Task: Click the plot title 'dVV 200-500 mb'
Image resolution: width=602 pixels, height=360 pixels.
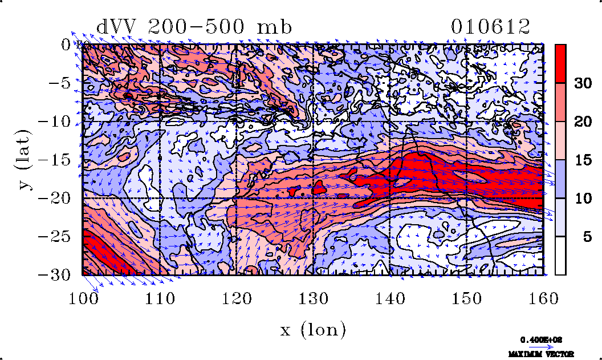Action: (x=194, y=27)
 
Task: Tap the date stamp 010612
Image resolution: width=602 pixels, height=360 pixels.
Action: (x=490, y=27)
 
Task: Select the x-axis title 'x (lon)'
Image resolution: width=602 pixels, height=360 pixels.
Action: (x=313, y=329)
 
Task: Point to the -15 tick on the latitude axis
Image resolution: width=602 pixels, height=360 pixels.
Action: (x=56, y=160)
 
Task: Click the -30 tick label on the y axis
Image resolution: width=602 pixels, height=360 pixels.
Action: (x=56, y=274)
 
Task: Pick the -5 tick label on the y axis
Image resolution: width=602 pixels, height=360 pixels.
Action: (x=60, y=83)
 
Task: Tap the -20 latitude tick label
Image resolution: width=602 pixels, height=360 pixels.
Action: (x=56, y=198)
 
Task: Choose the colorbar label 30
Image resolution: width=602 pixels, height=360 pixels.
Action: (x=583, y=83)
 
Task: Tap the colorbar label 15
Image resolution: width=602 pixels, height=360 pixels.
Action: (x=583, y=160)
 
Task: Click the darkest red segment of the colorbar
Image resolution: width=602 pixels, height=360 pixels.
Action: (x=561, y=63)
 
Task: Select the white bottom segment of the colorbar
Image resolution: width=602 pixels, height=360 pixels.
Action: (x=561, y=256)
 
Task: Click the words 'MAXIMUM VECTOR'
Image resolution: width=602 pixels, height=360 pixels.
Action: (x=541, y=354)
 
